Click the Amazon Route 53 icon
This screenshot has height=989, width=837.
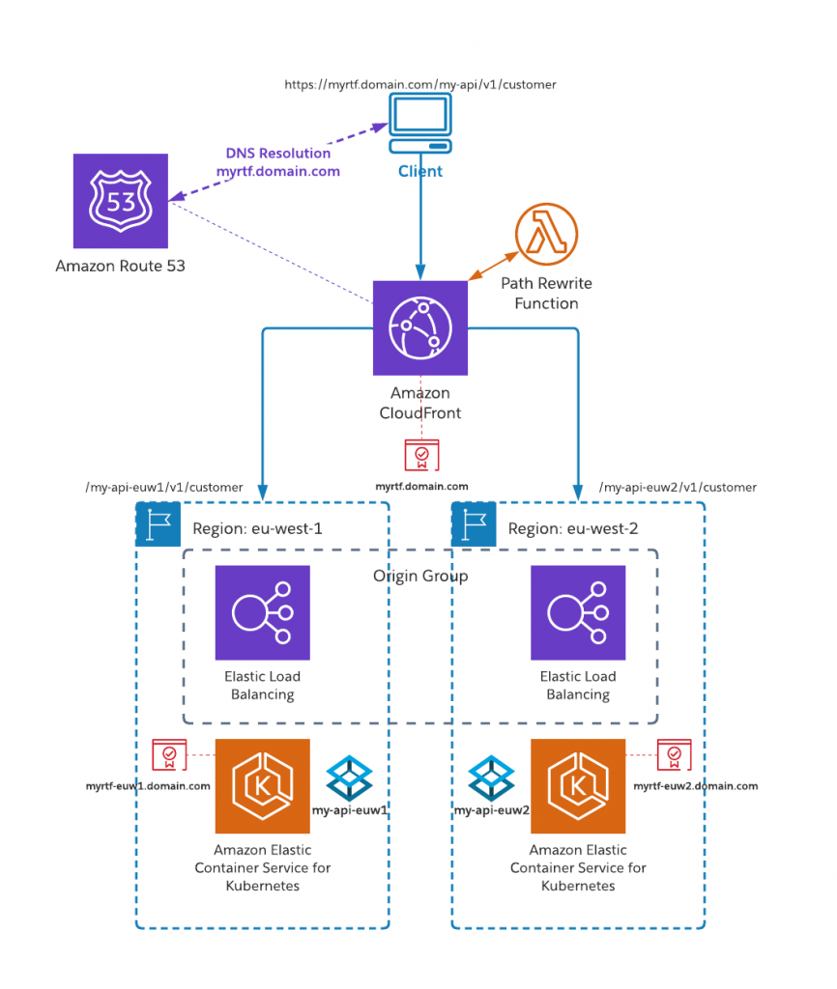pyautogui.click(x=120, y=201)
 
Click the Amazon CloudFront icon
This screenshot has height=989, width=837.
pyautogui.click(x=420, y=328)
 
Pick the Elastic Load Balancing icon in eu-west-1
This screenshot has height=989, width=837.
pyautogui.click(x=262, y=612)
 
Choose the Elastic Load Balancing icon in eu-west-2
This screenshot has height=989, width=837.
pyautogui.click(x=578, y=612)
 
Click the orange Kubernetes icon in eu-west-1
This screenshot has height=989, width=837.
pyautogui.click(x=262, y=785)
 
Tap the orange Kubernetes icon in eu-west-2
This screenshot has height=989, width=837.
pyautogui.click(x=578, y=785)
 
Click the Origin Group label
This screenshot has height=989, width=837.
pyautogui.click(x=420, y=577)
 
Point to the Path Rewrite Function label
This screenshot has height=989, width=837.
pyautogui.click(x=546, y=294)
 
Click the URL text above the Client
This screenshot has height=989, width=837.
pyautogui.click(x=420, y=85)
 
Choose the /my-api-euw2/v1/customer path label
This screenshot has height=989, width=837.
pyautogui.click(x=678, y=488)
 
